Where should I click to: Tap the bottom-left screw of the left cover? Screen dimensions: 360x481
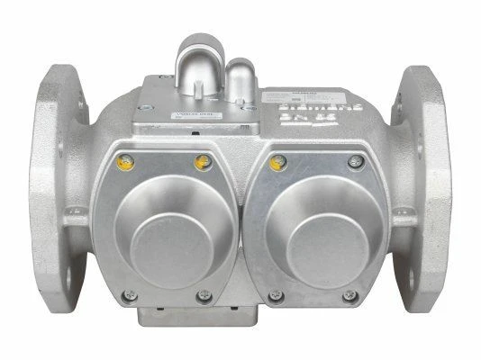pos(132,293)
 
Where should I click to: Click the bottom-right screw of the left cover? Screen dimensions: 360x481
pos(203,293)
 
